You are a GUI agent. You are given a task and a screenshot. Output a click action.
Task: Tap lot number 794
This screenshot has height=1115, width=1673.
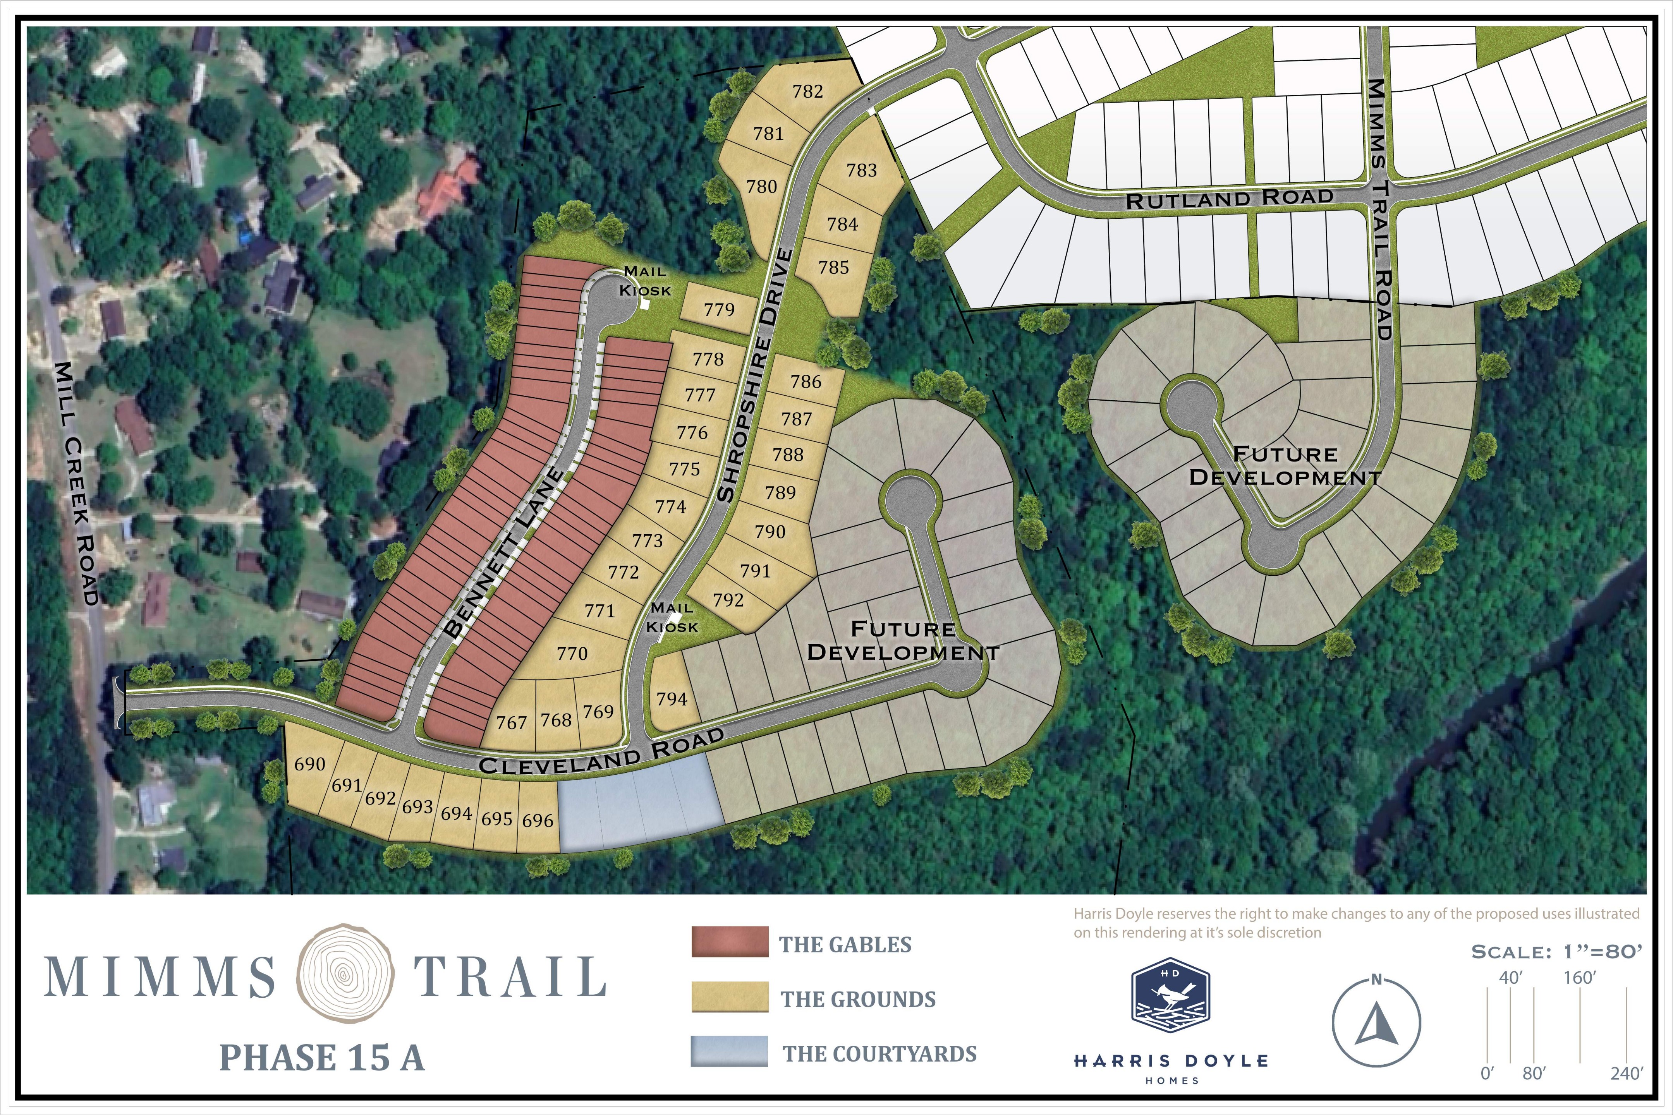coord(672,699)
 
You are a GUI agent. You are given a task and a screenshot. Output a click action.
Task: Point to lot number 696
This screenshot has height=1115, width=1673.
coord(538,821)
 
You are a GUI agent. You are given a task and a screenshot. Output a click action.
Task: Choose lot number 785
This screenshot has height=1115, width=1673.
coord(834,268)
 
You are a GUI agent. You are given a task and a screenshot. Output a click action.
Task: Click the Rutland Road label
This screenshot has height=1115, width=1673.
coord(1229,198)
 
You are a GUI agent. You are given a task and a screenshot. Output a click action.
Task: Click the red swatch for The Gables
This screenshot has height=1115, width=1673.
coord(729,942)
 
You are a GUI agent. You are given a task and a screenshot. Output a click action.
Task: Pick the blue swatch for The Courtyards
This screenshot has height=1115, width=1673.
coord(729,1051)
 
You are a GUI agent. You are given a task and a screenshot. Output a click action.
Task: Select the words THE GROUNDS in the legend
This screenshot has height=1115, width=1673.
coord(858,999)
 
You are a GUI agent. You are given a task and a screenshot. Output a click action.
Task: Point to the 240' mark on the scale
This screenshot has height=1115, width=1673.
coord(1626,1073)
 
